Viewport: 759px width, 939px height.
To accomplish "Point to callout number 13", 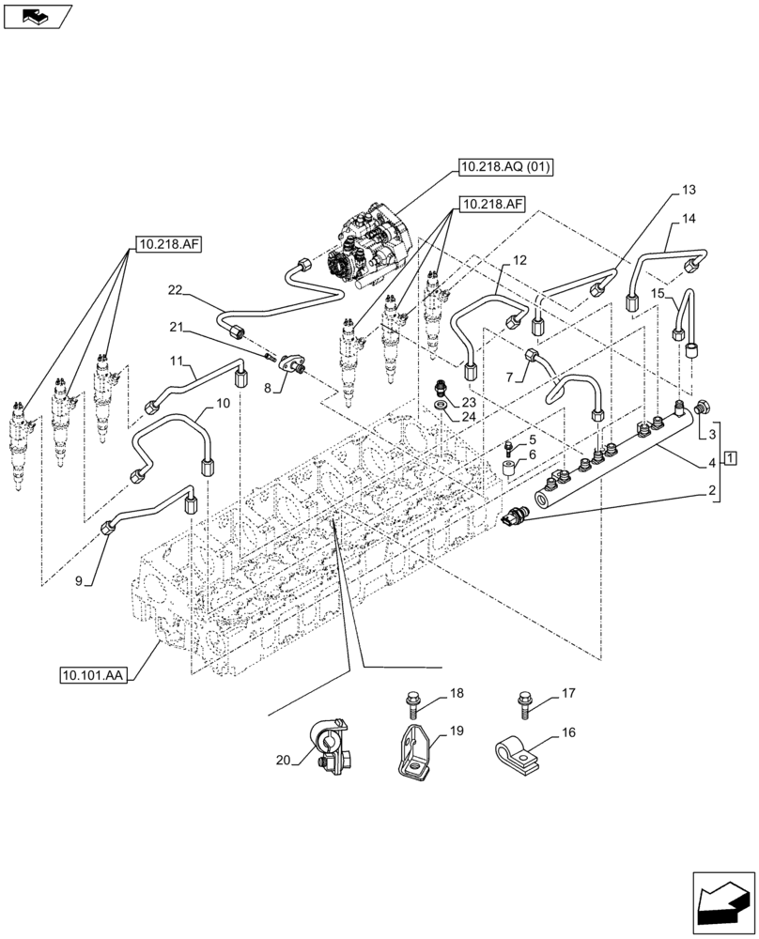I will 689,191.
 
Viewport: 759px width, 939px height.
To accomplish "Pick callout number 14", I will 689,219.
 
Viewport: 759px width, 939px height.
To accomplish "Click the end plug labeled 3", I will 704,408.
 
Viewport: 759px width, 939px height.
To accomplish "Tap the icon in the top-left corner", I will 37,15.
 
